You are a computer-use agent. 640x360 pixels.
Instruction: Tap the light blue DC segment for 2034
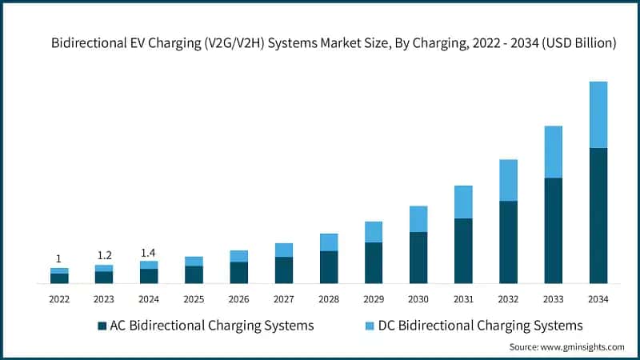pos(598,114)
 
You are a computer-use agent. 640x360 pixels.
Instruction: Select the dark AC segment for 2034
pos(598,215)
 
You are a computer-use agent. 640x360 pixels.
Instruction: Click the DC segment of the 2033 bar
pos(553,152)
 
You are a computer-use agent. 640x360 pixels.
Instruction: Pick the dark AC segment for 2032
pos(508,242)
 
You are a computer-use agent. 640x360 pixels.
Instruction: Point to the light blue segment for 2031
pos(463,202)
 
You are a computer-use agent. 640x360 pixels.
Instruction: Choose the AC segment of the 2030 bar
pos(418,257)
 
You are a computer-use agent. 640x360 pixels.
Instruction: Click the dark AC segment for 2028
pos(329,266)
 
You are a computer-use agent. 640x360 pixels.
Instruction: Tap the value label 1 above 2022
pos(58,258)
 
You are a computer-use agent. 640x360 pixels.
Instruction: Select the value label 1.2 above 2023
pos(104,255)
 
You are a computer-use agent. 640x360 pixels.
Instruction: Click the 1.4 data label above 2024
pos(149,252)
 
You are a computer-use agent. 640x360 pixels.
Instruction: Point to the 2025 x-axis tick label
pos(194,299)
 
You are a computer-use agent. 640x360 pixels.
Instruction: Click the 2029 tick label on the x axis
pos(374,299)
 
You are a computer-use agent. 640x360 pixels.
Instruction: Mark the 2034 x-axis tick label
pos(598,299)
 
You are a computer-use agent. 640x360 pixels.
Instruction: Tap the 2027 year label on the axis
pos(283,299)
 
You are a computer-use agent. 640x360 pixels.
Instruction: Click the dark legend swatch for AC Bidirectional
pos(102,326)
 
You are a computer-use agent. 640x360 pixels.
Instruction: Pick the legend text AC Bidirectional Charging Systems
pos(211,326)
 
